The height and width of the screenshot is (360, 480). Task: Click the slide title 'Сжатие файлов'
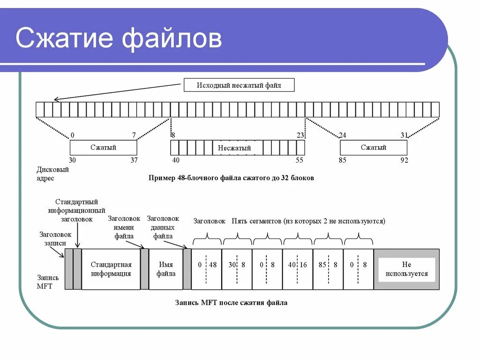119,38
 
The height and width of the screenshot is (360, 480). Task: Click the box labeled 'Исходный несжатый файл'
239,85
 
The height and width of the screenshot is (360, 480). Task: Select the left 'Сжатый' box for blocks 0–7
103,148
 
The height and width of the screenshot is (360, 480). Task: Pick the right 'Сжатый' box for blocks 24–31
373,148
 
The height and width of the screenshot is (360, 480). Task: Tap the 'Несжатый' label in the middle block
234,148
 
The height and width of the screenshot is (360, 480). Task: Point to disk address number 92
404,160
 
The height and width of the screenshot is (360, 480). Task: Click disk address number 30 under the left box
72,160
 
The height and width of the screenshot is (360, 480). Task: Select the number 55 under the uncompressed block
299,160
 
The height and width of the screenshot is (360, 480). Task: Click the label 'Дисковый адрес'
52,173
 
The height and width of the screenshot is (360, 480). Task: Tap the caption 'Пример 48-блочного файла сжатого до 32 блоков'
231,178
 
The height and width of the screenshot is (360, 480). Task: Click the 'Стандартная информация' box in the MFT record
111,269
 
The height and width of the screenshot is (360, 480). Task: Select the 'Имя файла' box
165,269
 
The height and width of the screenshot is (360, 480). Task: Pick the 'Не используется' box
406,269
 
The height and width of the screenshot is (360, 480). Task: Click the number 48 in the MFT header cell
213,265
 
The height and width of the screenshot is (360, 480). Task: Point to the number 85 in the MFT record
322,265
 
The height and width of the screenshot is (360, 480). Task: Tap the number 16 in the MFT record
303,265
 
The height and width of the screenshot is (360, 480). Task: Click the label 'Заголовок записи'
55,239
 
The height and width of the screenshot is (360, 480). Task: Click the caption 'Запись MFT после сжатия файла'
231,303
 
